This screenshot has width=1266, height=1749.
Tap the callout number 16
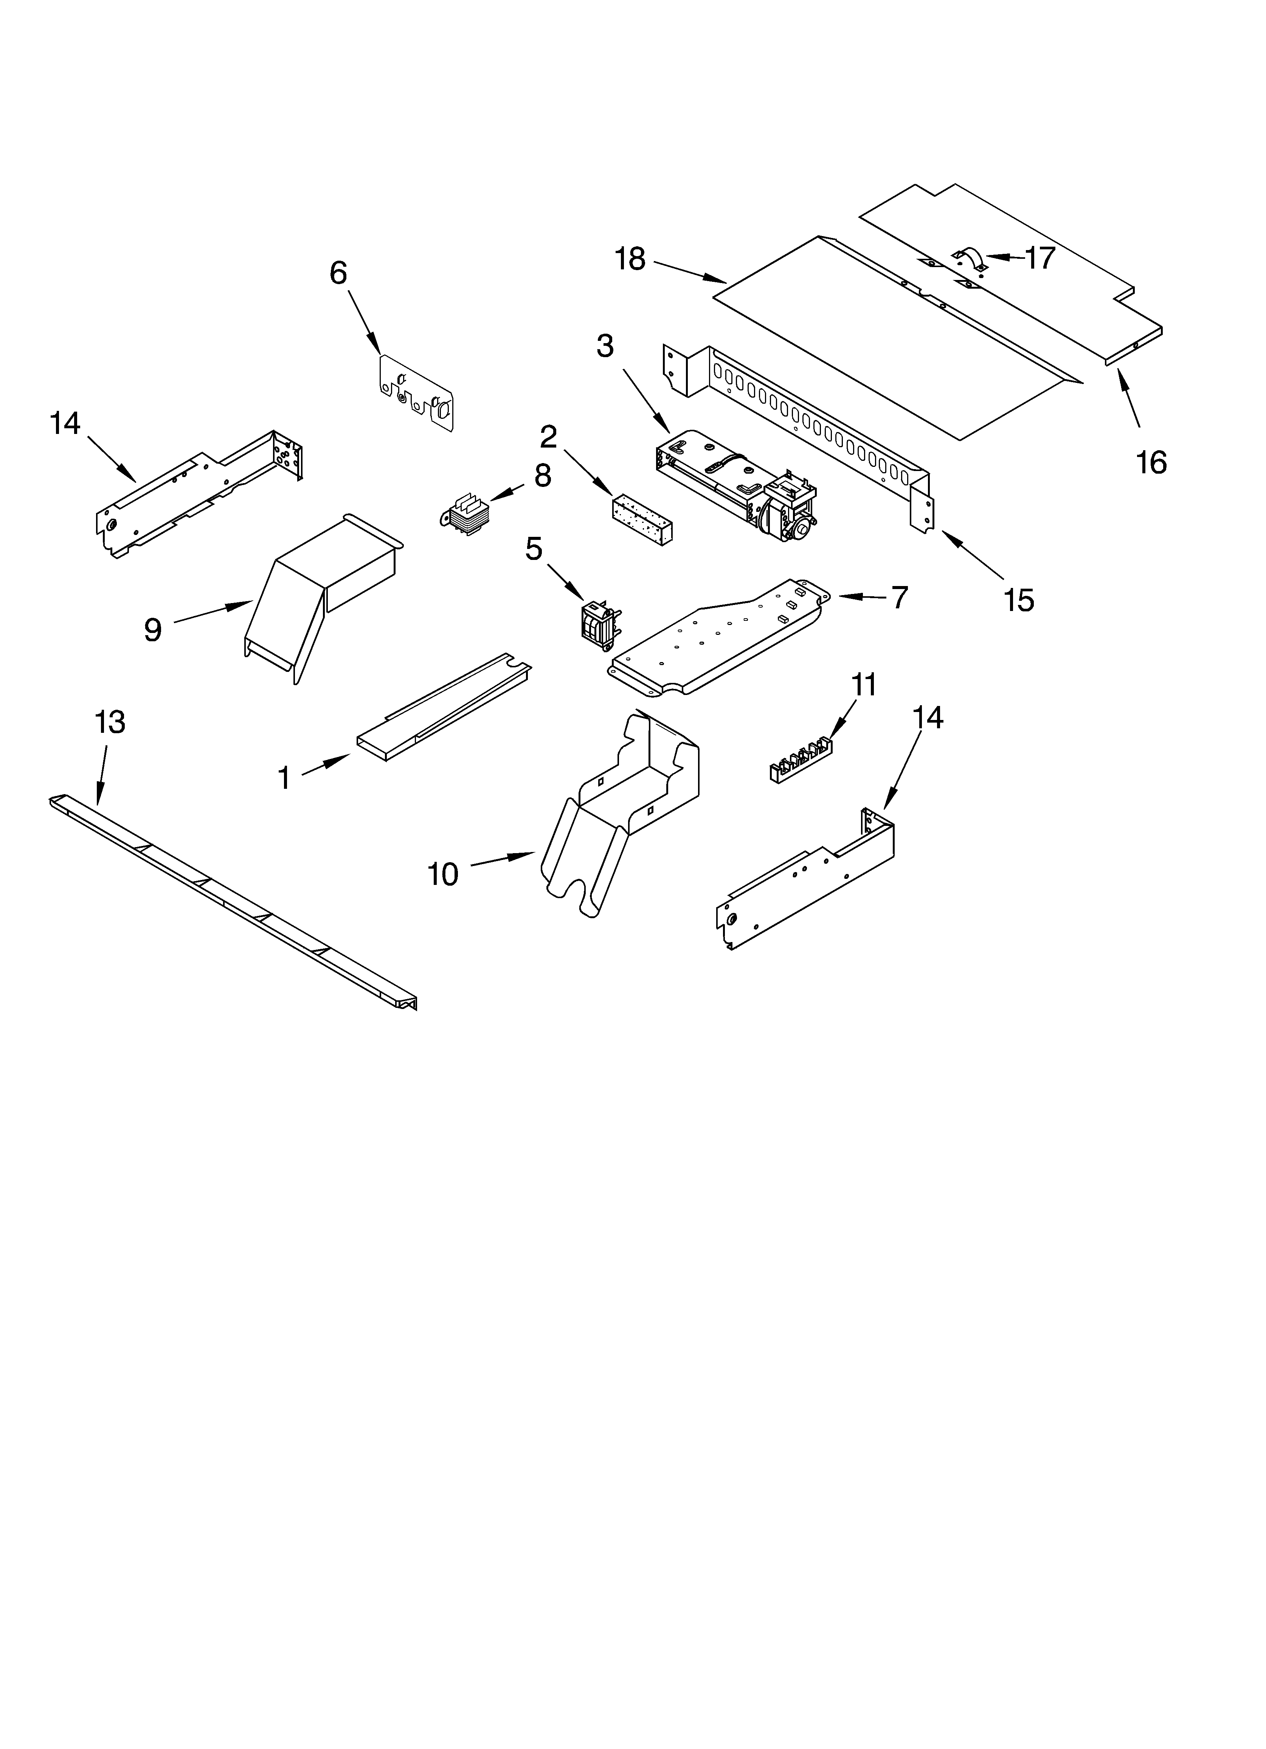(1151, 463)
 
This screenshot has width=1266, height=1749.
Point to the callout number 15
(1018, 600)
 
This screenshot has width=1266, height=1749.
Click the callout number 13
(110, 723)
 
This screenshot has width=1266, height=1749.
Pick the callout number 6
(338, 273)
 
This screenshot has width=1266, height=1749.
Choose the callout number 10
(443, 875)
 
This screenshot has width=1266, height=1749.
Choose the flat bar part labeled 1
(443, 706)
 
